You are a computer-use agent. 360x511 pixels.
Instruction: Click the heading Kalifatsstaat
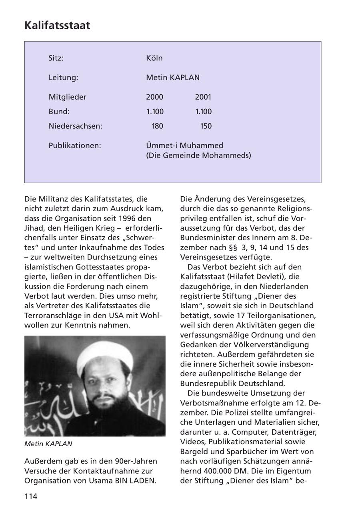pos(57,26)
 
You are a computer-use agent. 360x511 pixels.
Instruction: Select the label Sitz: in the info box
pos(56,58)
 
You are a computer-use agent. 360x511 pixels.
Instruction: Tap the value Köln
pos(154,58)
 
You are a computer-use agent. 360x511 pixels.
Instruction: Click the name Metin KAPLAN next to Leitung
pos(173,78)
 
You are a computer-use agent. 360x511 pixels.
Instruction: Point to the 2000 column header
pos(155,97)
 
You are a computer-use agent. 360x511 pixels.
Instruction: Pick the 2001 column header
pos(203,97)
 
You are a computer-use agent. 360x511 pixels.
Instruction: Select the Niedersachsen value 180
pos(157,126)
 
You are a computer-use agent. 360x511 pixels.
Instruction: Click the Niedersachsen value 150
pos(206,126)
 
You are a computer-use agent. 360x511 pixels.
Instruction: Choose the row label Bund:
pos(59,112)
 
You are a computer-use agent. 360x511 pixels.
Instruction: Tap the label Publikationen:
pos(75,146)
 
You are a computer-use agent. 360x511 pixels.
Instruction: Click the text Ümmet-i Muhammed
pos(184,146)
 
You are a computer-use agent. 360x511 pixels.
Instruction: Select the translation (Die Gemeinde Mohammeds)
pos(198,155)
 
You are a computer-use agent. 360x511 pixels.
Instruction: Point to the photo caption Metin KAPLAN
pos(48,444)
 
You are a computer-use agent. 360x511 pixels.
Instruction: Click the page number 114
pos(31,496)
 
